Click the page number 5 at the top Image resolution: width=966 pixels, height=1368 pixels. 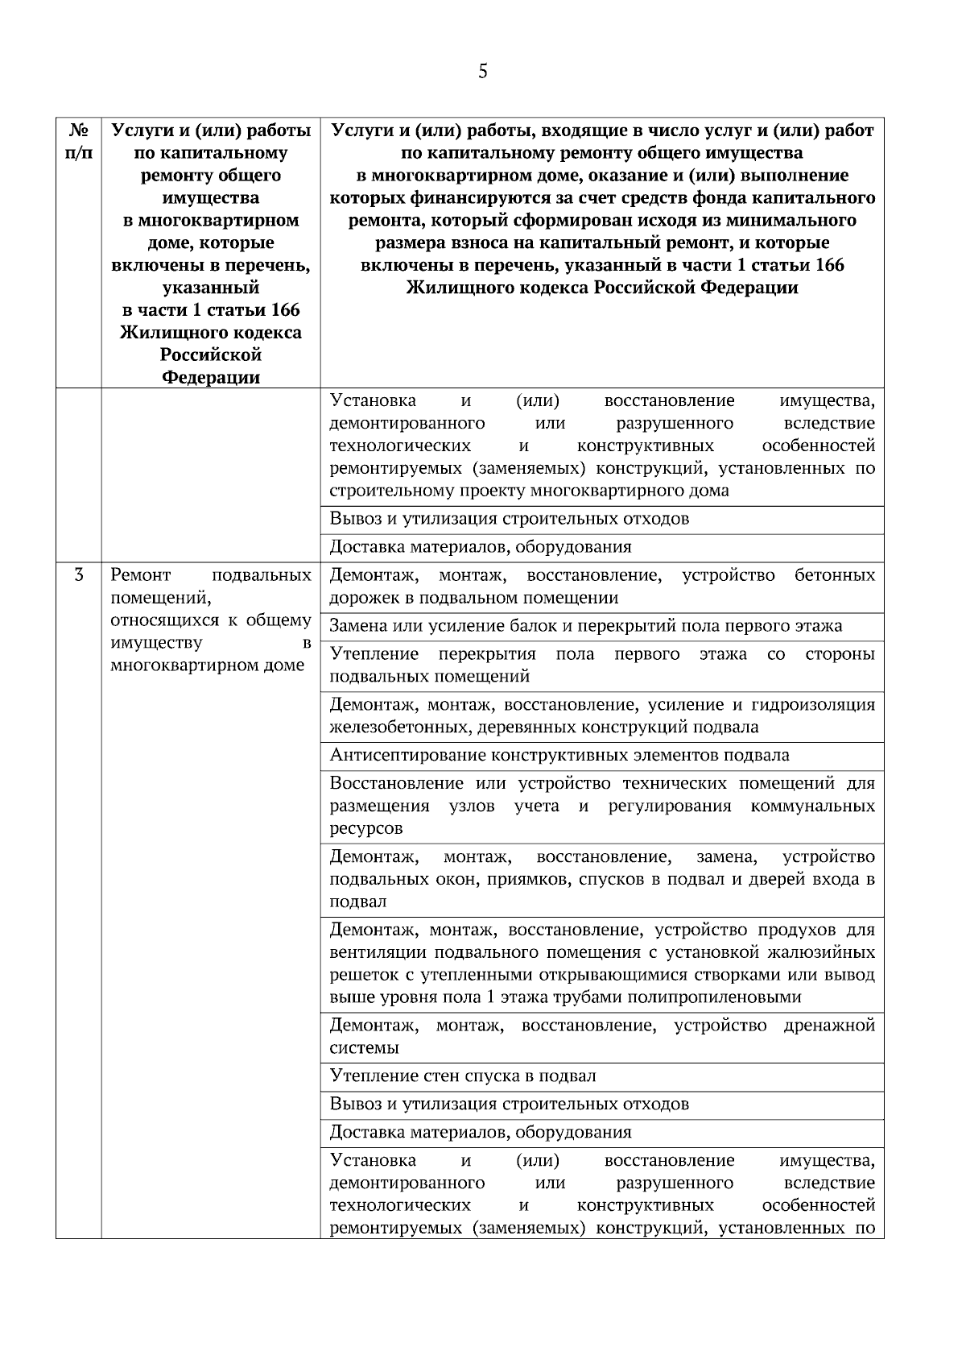[482, 72]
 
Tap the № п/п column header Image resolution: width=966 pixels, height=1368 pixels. [78, 141]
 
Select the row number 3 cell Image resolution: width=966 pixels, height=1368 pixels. [78, 575]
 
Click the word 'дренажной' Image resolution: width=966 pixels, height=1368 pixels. [829, 1026]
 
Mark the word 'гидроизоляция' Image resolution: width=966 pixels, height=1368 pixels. [813, 705]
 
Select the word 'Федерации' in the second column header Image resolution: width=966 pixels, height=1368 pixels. [211, 377]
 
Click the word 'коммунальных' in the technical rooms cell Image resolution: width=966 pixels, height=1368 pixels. [812, 806]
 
